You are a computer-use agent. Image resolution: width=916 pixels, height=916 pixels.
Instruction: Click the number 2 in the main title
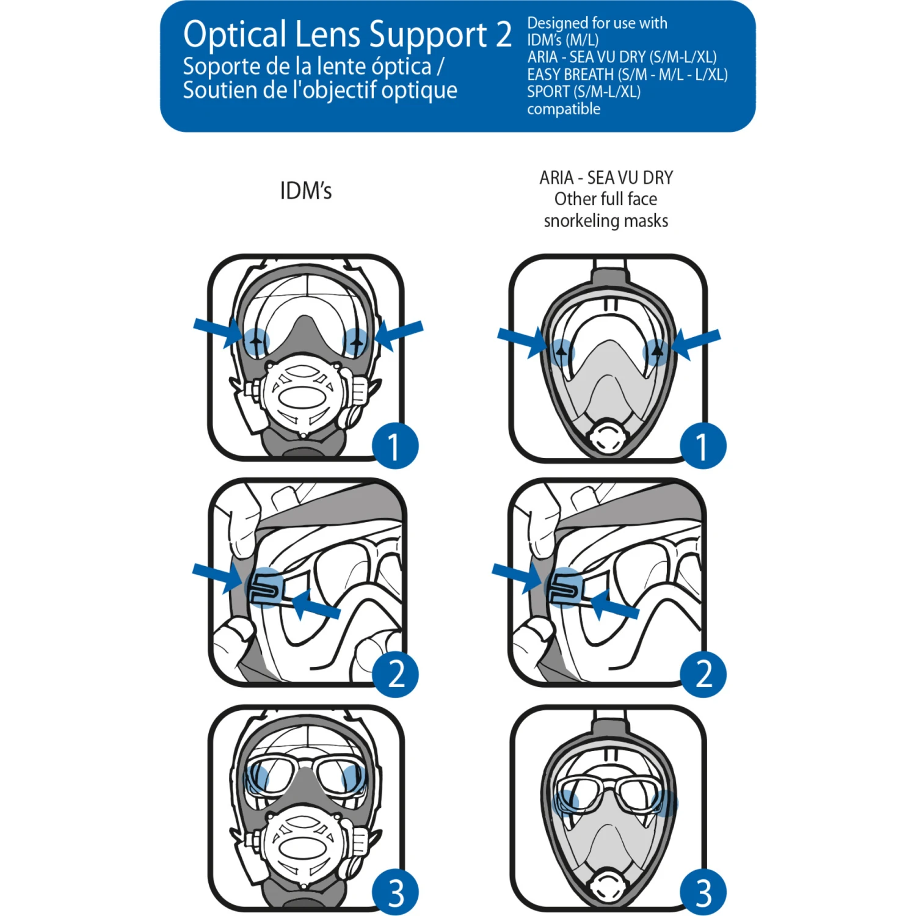[503, 35]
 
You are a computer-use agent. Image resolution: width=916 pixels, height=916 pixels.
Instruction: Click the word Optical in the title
[234, 35]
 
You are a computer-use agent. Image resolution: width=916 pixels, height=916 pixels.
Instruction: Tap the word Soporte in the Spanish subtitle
[221, 66]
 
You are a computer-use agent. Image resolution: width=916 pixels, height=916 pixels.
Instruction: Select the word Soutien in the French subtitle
[219, 90]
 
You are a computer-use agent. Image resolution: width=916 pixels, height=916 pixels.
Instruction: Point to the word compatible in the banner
[563, 109]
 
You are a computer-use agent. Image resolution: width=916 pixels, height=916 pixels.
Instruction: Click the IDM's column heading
[305, 191]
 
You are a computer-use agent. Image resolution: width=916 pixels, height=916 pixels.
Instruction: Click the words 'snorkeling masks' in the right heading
[606, 220]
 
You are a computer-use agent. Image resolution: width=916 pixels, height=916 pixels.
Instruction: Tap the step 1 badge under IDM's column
[395, 446]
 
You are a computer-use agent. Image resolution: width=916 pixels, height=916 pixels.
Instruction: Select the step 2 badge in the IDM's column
[395, 674]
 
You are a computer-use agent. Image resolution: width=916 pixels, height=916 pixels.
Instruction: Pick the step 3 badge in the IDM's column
[395, 892]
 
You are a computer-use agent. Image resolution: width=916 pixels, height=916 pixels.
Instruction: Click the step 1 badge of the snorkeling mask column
[703, 446]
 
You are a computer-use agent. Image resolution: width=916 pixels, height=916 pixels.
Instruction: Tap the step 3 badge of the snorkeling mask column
[703, 892]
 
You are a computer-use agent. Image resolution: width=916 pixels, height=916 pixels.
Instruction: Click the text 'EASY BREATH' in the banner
[570, 75]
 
